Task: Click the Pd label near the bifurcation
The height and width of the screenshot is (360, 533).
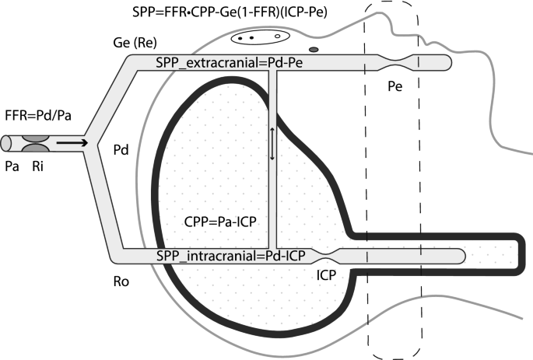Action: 121,148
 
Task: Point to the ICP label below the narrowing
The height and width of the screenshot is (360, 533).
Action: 328,274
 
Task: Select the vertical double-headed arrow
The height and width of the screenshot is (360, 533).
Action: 272,144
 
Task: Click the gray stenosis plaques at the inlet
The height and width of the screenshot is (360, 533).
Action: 34,144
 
